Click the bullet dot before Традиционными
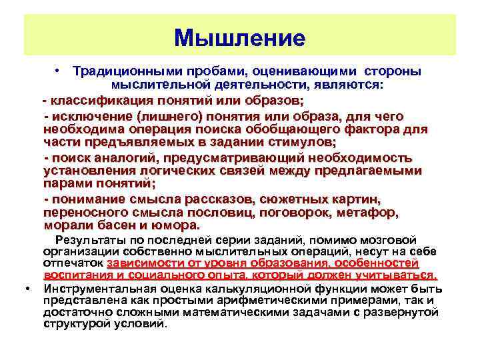point(59,70)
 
